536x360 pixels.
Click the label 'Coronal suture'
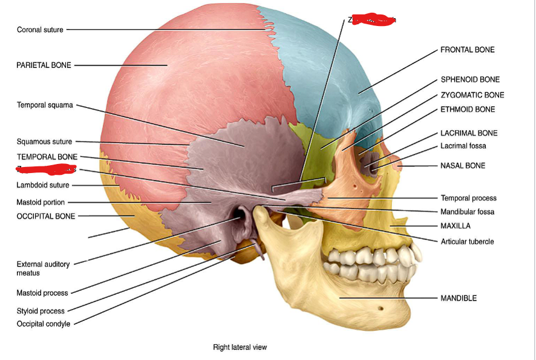pos(40,30)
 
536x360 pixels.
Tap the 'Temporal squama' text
pos(45,105)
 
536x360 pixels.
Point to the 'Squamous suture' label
pos(44,142)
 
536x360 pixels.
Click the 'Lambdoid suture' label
pos(43,185)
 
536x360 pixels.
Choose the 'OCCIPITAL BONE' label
pos(46,216)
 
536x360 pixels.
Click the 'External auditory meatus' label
pos(42,269)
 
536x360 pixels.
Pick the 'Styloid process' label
pos(41,311)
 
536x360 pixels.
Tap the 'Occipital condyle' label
pos(43,324)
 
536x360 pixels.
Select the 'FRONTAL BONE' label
pos(467,50)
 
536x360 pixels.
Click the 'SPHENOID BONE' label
pos(470,80)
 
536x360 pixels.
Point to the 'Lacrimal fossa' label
pos(463,146)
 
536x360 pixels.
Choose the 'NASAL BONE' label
pos(463,166)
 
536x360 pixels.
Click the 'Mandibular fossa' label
pos(467,212)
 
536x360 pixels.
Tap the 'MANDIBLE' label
pos(459,298)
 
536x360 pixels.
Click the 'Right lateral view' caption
pos(240,347)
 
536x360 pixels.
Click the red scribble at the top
pos(374,21)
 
